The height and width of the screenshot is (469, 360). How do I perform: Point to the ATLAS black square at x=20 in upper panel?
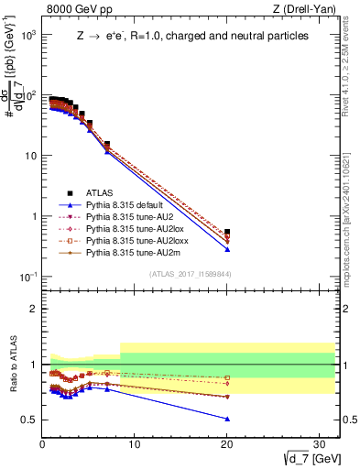coord(227,233)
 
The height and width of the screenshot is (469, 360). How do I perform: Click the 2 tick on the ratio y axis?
coord(34,309)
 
